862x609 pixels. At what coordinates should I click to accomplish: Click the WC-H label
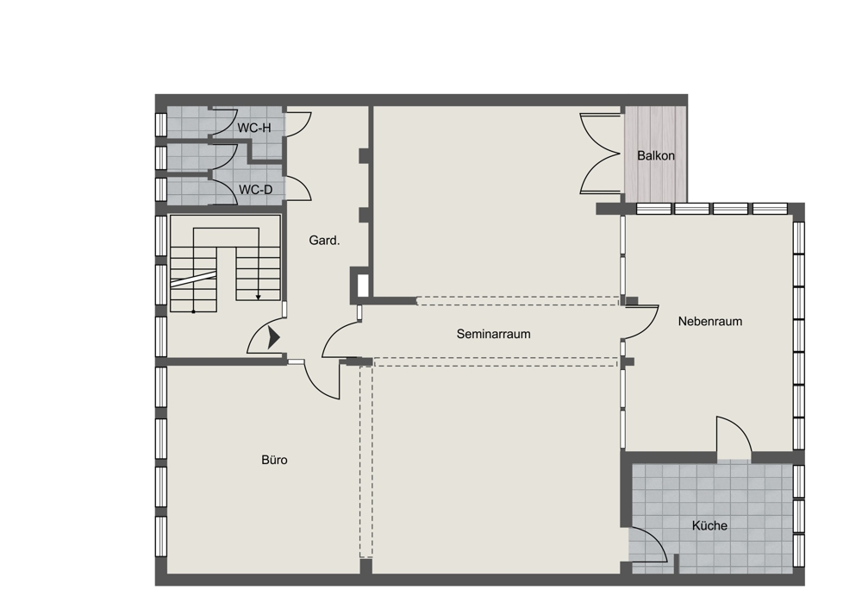254,129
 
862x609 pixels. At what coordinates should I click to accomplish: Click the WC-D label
256,190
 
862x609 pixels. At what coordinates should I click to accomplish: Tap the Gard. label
324,241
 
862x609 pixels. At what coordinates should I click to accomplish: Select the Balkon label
656,155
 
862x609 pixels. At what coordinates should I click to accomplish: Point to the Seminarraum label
494,334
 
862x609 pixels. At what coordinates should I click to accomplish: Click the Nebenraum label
709,321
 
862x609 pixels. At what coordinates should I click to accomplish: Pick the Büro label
274,460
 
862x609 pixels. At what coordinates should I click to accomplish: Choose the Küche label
709,526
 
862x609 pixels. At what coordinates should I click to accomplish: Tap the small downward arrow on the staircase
259,297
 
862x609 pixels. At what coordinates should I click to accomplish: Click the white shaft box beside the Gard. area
362,286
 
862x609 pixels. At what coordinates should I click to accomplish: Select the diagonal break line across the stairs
192,279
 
